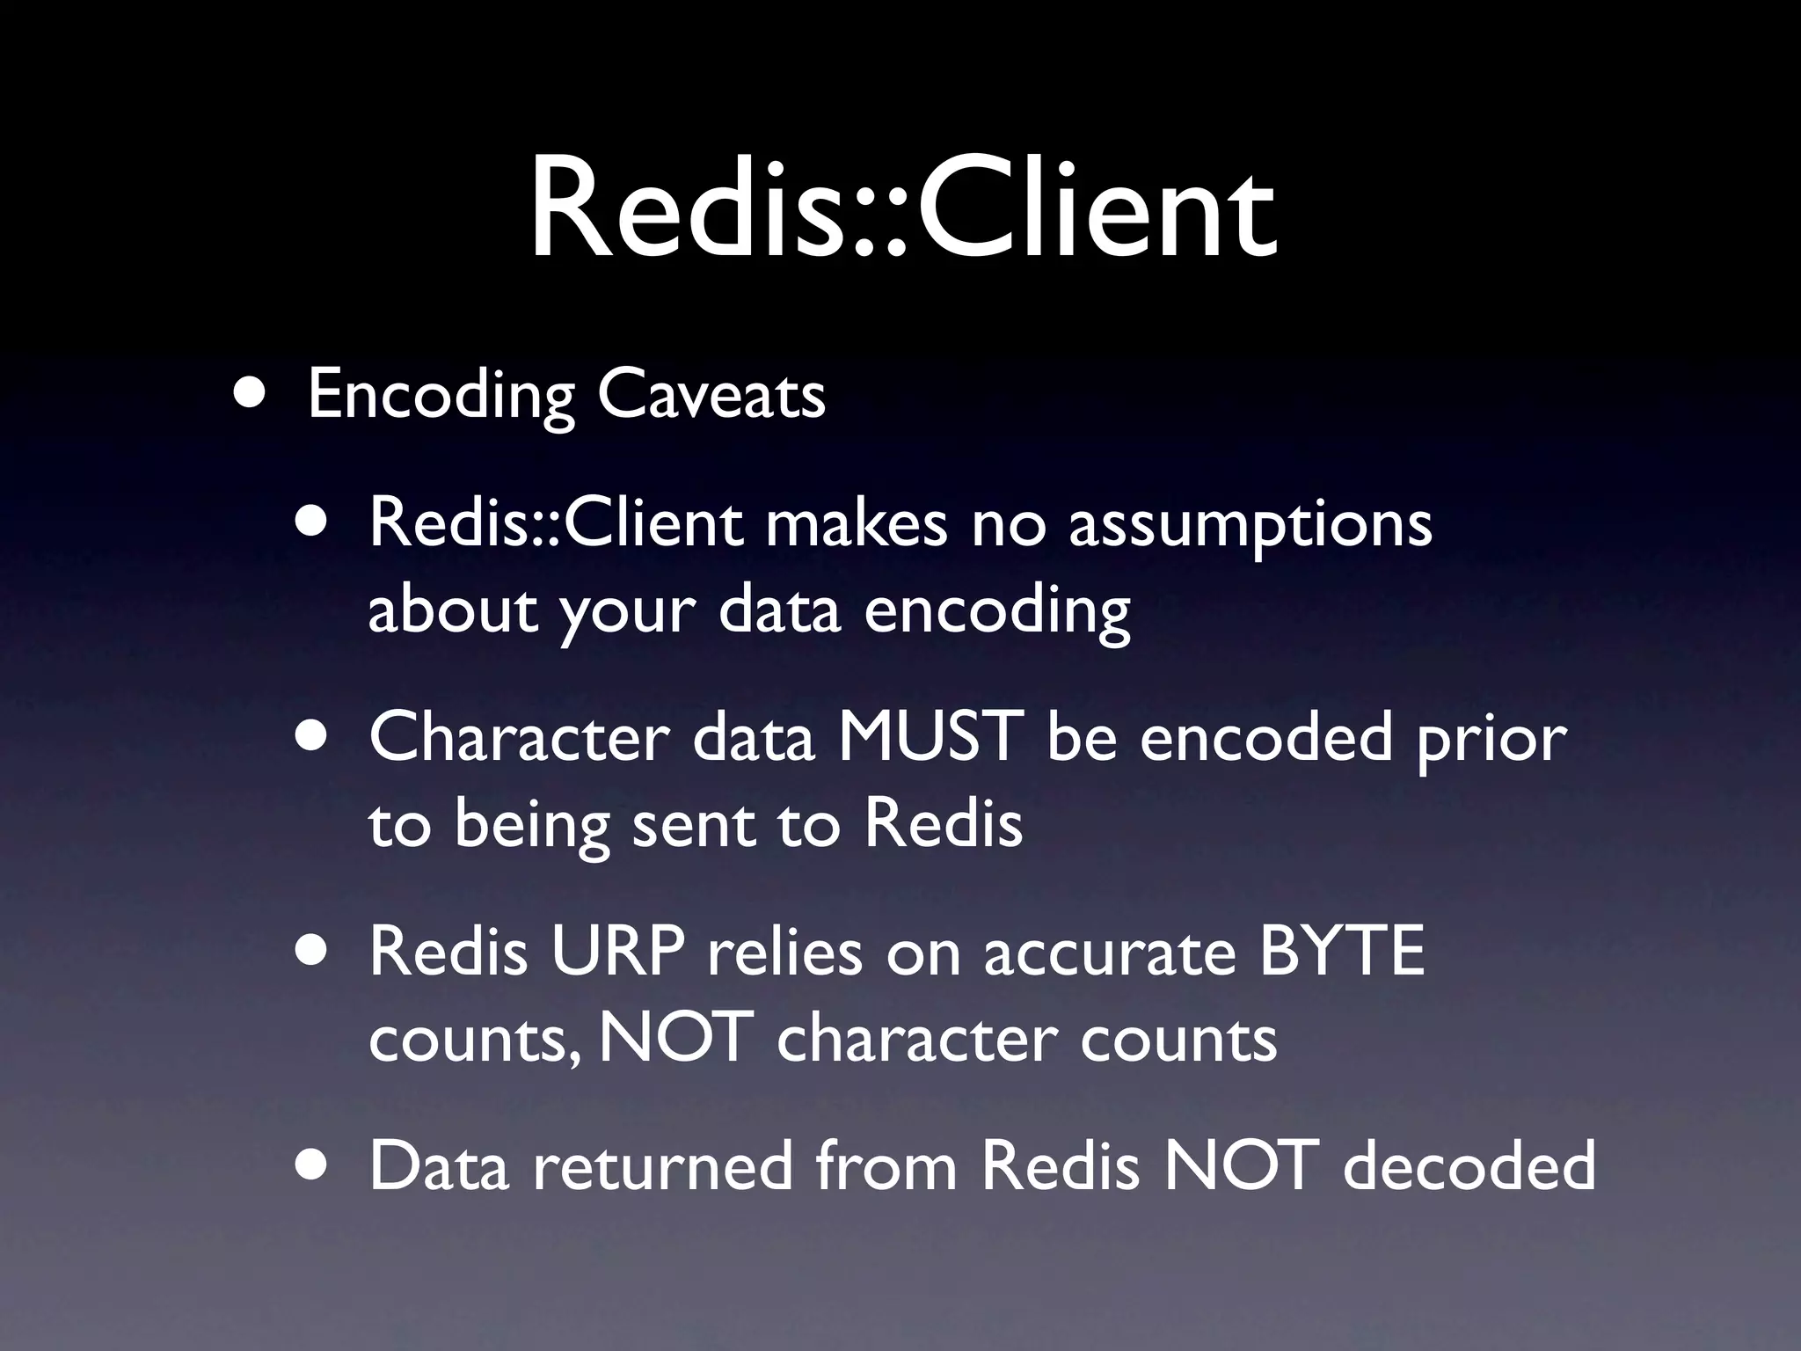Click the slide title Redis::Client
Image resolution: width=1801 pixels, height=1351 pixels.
coord(902,211)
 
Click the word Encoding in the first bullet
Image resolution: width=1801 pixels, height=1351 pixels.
coord(440,396)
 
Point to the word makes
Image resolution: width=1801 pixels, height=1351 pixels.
coord(856,523)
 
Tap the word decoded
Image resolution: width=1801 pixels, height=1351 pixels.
coord(1469,1165)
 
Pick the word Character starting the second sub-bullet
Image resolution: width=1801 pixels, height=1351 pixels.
coord(519,737)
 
